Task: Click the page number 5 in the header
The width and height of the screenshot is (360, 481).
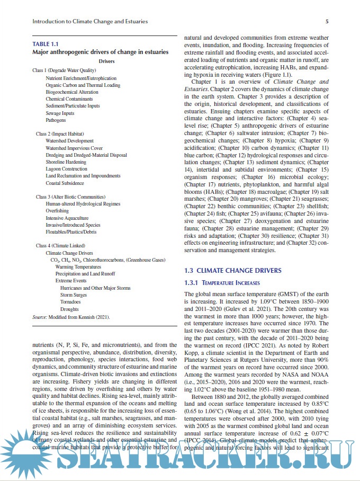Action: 327,22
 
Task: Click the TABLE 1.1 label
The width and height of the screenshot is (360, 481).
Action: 46,44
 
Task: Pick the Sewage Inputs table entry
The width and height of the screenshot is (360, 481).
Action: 60,113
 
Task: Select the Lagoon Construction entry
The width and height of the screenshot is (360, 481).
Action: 66,169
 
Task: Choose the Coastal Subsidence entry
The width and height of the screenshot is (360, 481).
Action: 65,183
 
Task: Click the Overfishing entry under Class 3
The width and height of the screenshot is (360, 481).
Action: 57,211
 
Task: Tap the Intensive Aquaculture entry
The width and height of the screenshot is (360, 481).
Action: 67,218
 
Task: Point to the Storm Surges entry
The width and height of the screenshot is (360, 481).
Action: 74,295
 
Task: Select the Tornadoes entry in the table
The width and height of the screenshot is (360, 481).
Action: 71,301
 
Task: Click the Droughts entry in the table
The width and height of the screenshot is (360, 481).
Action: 70,309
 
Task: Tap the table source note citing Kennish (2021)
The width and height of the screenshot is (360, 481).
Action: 71,316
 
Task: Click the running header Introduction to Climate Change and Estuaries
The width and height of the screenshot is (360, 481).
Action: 90,22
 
